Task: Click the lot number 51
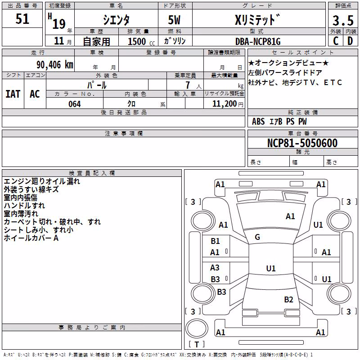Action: (22, 19)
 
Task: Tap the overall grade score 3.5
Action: (343, 21)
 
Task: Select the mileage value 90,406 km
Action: (54, 65)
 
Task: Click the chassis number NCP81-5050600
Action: (302, 143)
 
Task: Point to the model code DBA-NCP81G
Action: (258, 41)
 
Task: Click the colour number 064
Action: (75, 104)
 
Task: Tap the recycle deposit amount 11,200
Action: (224, 104)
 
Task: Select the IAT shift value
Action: (13, 94)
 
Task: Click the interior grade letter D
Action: (350, 41)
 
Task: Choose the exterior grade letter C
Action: (336, 41)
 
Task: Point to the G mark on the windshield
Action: (257, 237)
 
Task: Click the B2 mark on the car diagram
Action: (288, 299)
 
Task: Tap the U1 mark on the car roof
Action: (271, 268)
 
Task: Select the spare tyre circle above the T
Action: (197, 328)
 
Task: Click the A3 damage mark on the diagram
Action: (215, 267)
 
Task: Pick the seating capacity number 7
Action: (188, 85)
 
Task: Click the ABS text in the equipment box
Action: (258, 121)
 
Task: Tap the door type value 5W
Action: (174, 20)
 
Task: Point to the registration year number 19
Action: (59, 24)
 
